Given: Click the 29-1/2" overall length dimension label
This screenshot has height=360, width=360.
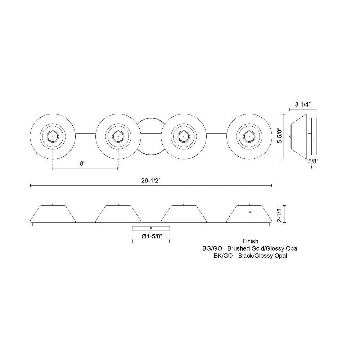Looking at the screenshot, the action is pyautogui.click(x=151, y=180).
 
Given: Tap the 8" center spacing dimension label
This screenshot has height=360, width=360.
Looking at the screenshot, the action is pyautogui.click(x=83, y=163).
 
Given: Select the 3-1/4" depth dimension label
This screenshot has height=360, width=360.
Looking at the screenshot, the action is pyautogui.click(x=303, y=104).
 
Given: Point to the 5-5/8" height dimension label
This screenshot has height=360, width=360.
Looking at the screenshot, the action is pyautogui.click(x=280, y=136).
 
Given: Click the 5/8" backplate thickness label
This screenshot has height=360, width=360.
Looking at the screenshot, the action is pyautogui.click(x=313, y=161).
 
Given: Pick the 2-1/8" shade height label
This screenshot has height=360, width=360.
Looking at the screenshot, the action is pyautogui.click(x=279, y=214).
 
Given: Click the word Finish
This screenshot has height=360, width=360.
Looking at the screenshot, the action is pyautogui.click(x=250, y=241).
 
